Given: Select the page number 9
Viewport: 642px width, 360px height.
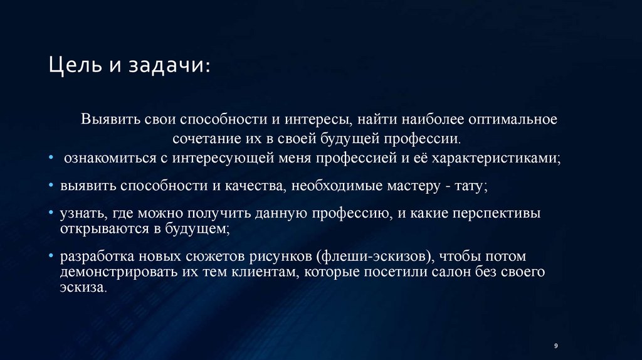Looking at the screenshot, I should (556, 346).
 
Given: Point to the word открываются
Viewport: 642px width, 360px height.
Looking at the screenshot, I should (101, 228).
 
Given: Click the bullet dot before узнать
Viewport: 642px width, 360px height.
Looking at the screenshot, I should (51, 214).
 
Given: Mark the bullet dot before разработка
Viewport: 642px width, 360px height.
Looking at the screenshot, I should (51, 257).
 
